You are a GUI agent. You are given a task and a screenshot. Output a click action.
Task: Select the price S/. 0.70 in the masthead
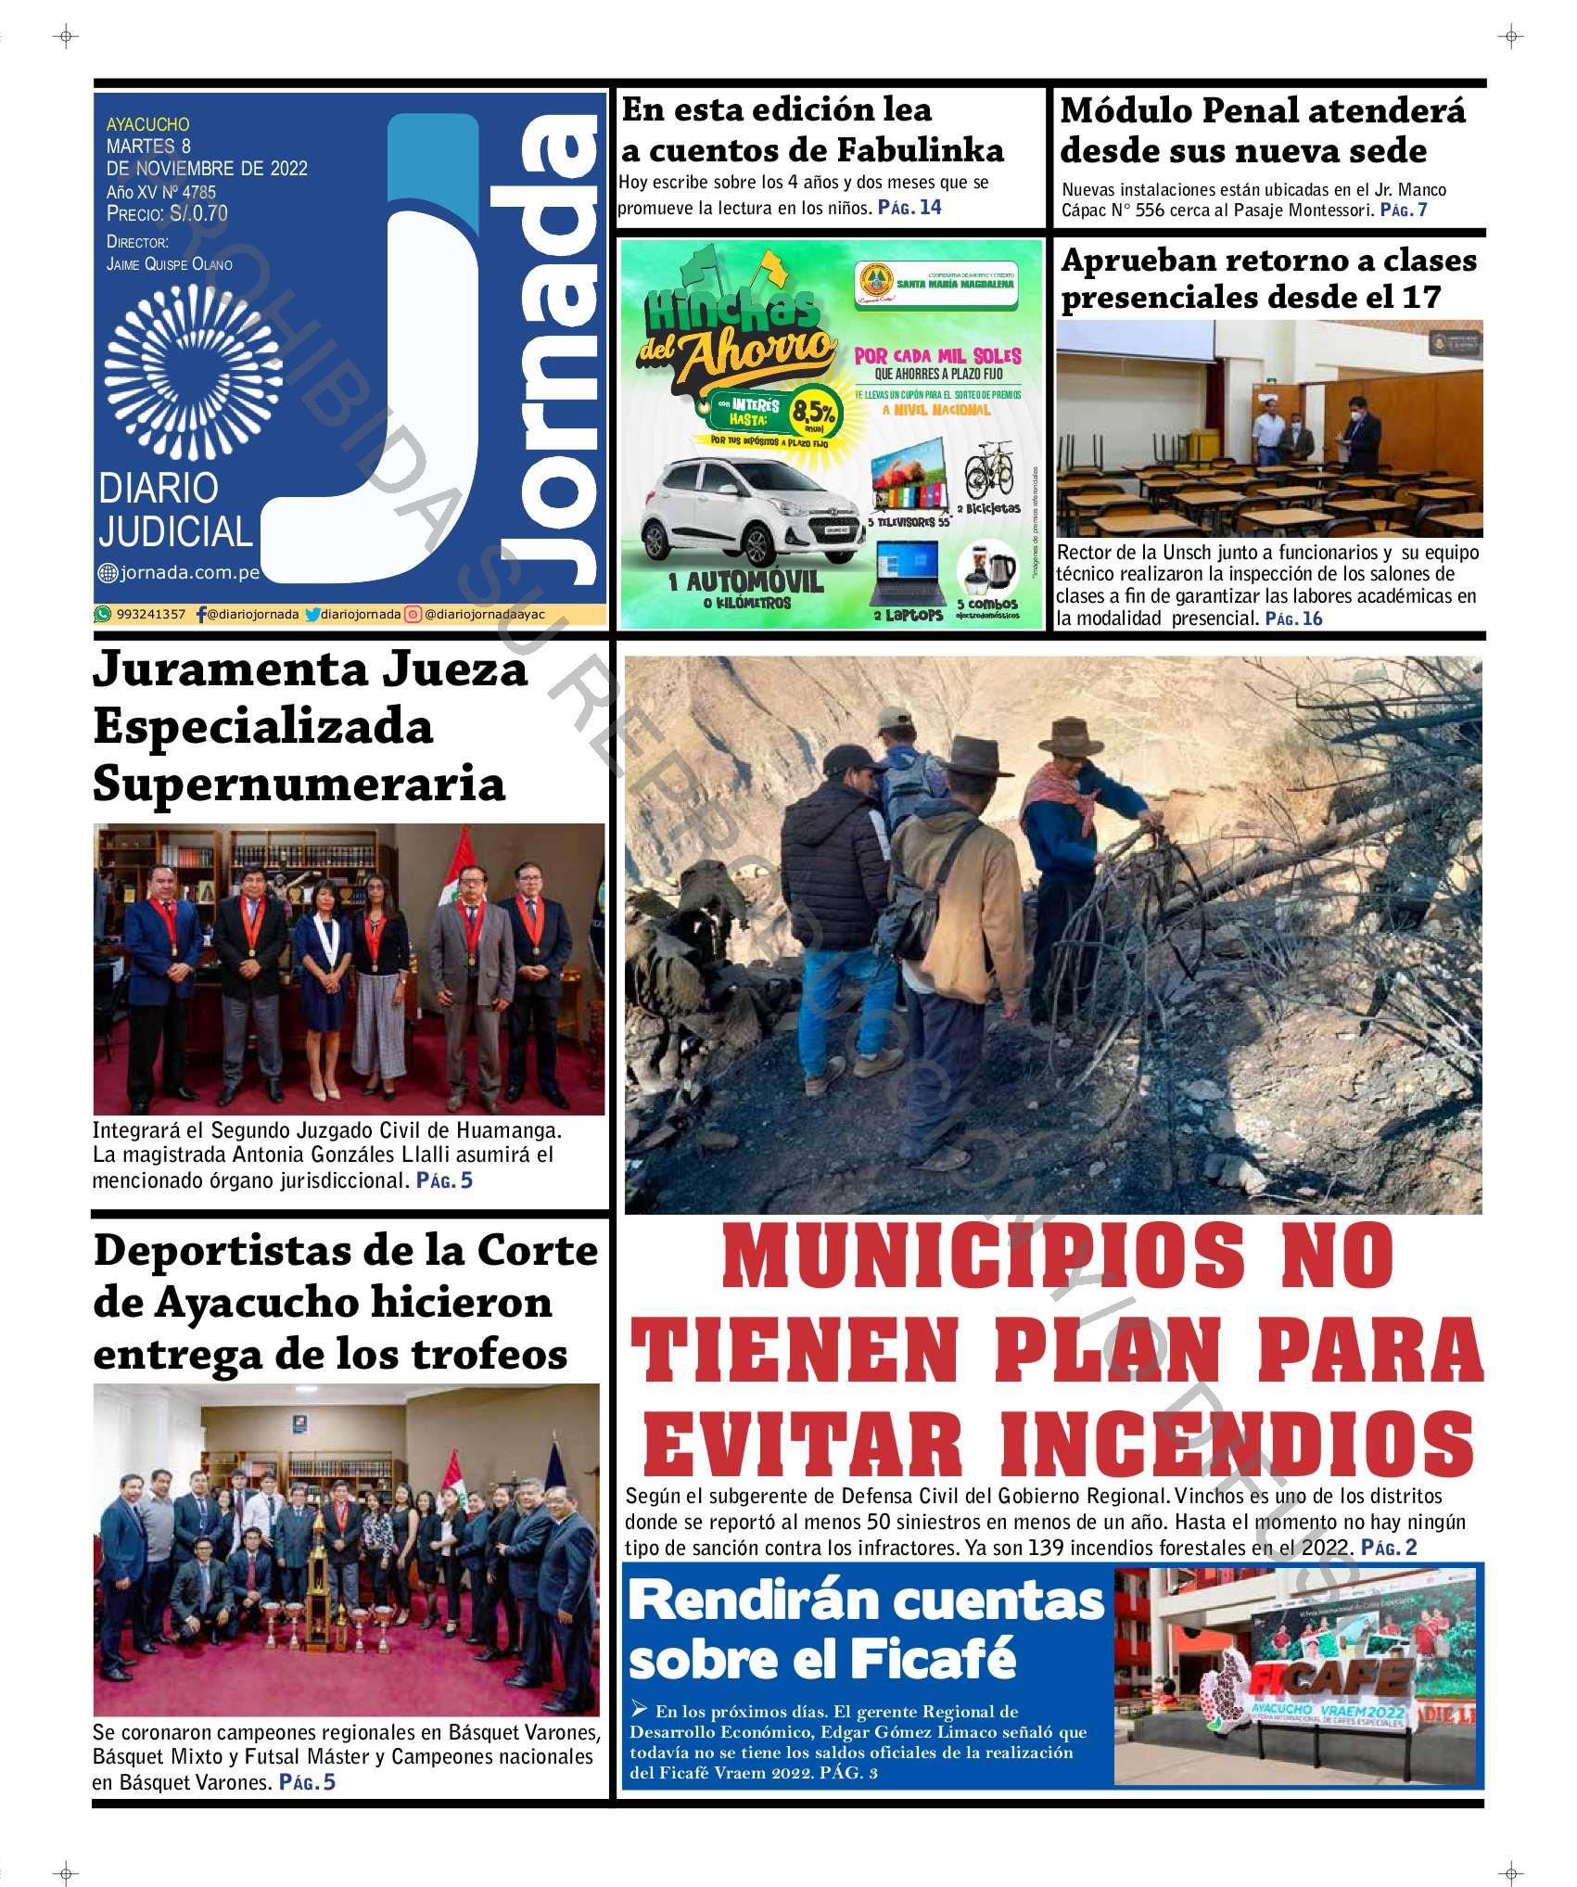point(196,214)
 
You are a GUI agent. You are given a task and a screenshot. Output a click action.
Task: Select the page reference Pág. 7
point(1404,210)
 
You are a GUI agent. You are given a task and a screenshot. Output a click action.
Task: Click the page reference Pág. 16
point(1294,618)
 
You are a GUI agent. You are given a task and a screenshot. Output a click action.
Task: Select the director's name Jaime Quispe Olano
point(169,264)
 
